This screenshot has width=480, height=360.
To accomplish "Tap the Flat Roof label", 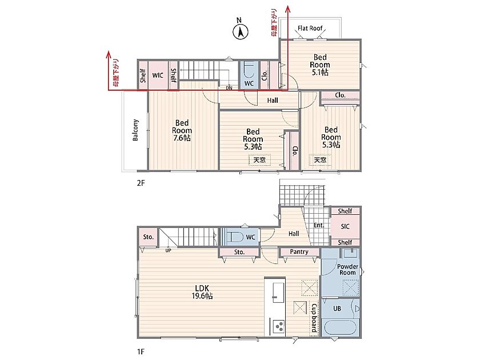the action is pos(310,29).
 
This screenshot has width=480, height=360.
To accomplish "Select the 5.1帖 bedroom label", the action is pos(320,65).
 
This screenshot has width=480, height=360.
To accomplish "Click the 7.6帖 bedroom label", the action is pos(182,130).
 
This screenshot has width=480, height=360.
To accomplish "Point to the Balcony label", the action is pos(135,130).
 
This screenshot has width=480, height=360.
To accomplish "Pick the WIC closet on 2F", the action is pos(158,75).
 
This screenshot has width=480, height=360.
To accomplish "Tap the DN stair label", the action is pos(229,88).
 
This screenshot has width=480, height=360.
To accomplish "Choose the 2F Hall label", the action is pos(273,101).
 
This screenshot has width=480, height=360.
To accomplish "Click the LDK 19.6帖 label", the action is pos(202,292).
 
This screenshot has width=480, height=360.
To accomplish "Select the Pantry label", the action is pos(299,251).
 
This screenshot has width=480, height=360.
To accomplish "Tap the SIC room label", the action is pos(345,226).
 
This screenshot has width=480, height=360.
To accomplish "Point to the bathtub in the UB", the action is pos(341,328).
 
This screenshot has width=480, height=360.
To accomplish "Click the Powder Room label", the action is pos(347,269).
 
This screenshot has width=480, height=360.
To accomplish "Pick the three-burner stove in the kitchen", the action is pos(278,326).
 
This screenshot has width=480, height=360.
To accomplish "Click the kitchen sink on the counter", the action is pos(278,293).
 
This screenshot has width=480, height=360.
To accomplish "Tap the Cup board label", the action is pos(314,318).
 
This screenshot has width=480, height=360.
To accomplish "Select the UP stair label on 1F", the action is pos(168,250).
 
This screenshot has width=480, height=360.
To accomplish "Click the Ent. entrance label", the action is pos(319,225).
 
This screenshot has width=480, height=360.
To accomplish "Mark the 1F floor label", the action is pos(141,352).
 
